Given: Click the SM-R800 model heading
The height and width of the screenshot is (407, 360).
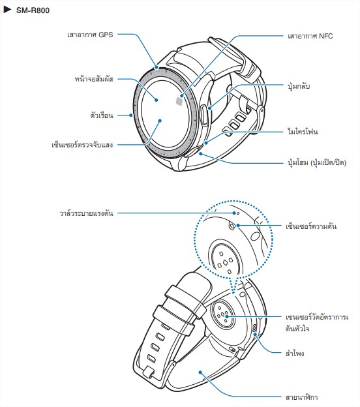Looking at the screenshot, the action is coord(33,10).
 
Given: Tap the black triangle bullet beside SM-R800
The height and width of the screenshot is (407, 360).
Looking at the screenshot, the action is coord(7,10).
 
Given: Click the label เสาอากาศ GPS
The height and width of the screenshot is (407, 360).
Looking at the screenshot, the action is coord(90,35).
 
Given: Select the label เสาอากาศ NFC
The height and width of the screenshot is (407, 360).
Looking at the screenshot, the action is coord(310,36).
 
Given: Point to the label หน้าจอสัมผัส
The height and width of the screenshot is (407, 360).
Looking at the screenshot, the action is coord(94,79).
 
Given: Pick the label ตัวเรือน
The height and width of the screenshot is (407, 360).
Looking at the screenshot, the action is coord(102,115).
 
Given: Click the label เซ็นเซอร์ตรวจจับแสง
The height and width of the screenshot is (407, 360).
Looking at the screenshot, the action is coord(82,145).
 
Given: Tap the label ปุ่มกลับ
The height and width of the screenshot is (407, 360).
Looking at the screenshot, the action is coord(299,85).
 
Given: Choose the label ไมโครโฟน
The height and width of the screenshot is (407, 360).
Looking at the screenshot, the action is coord(303,131).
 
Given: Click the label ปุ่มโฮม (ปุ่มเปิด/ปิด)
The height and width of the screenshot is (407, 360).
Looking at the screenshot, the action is coord(317,163).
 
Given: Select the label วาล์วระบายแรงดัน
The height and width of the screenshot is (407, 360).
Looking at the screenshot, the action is coord(87,213).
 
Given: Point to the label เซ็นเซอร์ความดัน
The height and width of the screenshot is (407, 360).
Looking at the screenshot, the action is coord(311,226).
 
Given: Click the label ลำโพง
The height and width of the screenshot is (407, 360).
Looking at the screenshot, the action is coord(295,354).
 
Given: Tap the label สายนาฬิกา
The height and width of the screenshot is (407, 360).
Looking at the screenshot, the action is coord(301,397).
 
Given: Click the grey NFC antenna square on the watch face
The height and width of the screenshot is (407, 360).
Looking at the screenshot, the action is coord(179,101).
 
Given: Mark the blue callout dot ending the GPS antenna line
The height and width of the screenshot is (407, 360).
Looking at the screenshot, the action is coord(157,67).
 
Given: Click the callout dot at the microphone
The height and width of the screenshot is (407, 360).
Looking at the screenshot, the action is coord(206,142).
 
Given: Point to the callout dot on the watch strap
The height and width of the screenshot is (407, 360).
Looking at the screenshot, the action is coord(200,372).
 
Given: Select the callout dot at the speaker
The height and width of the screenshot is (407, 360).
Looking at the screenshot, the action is coord(255,335).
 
